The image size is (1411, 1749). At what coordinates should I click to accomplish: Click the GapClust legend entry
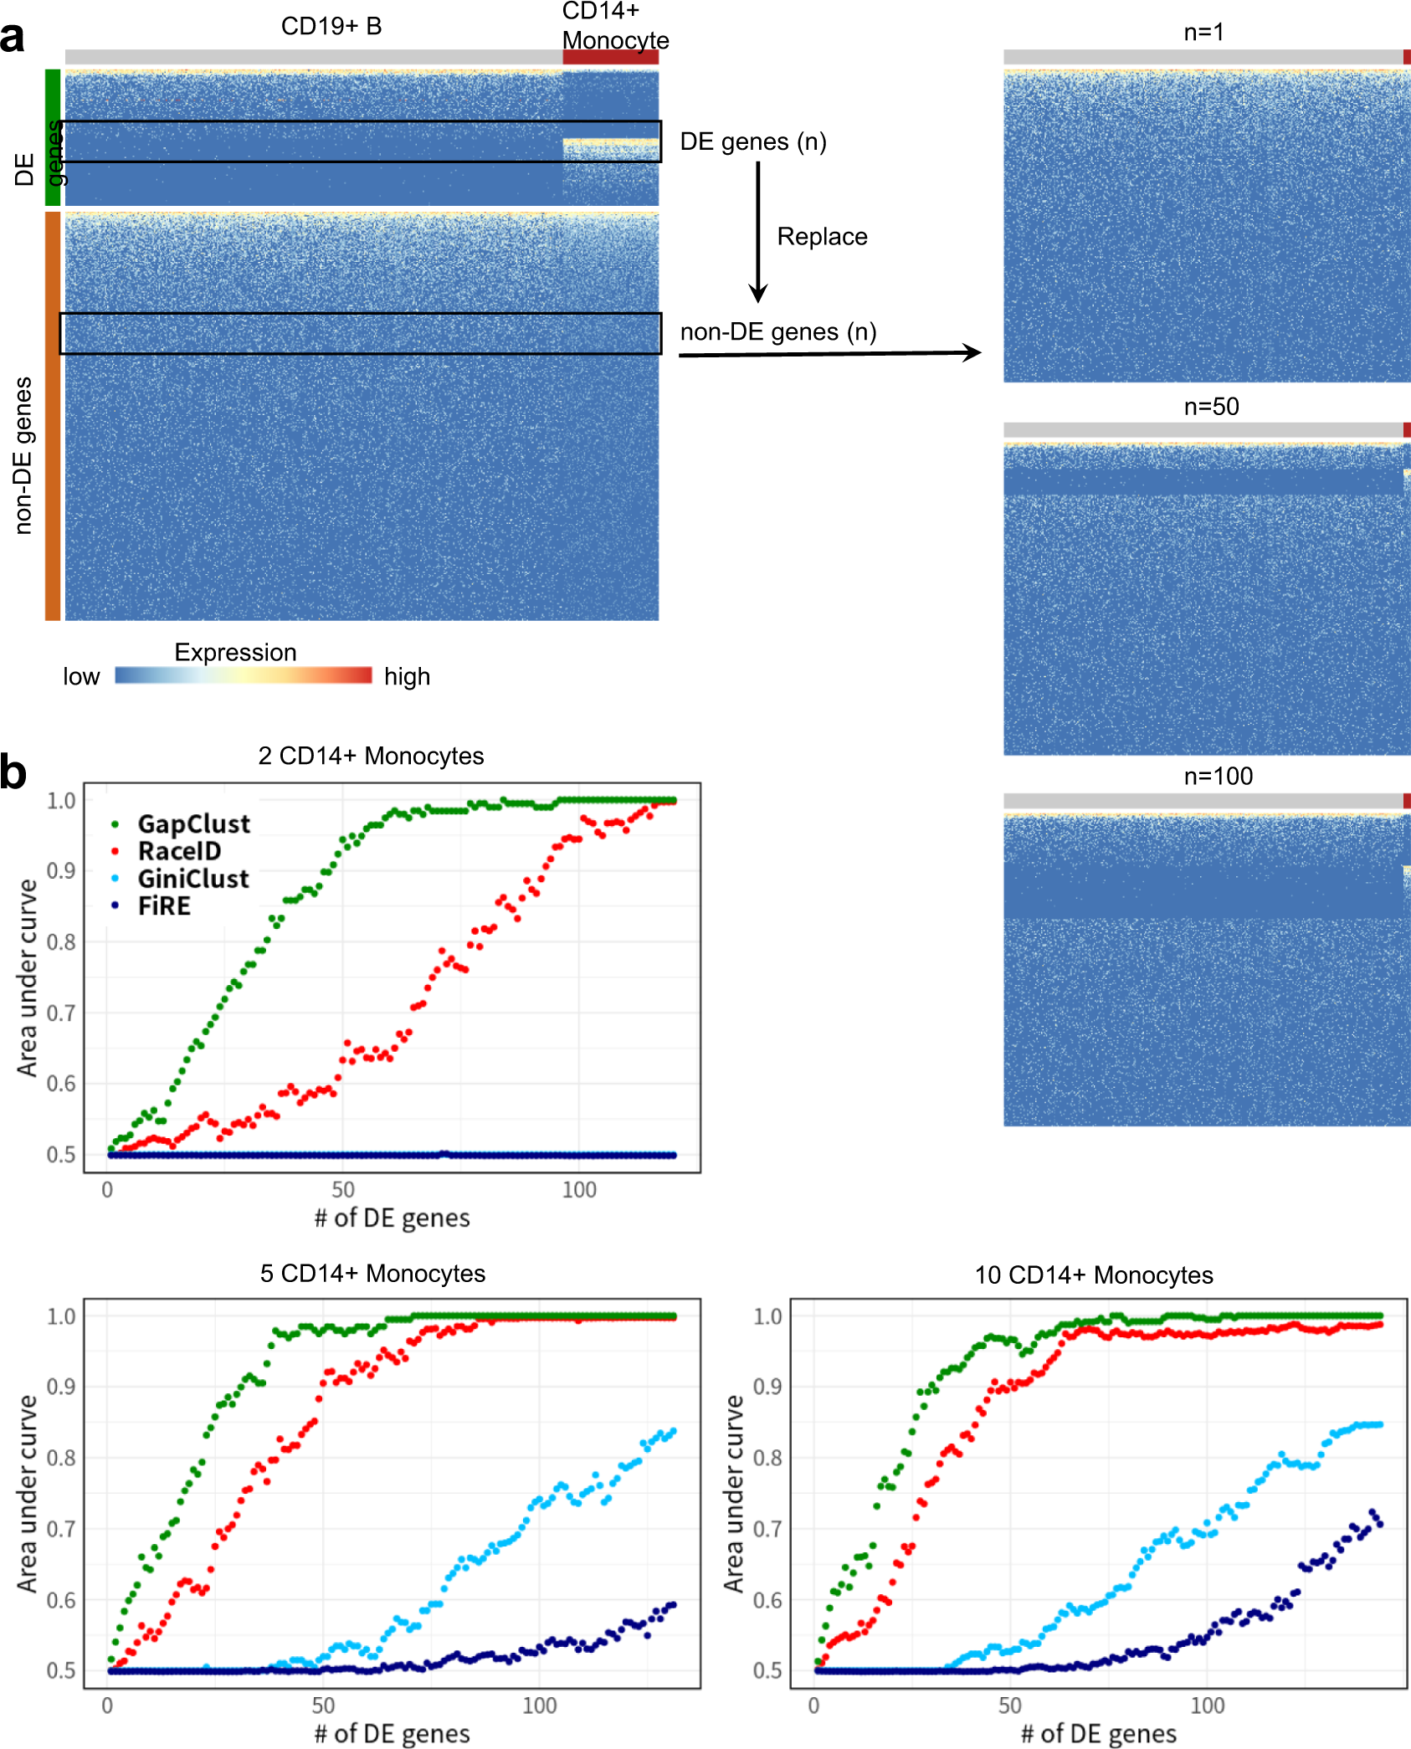[193, 824]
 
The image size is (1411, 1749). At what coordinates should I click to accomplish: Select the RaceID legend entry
[179, 852]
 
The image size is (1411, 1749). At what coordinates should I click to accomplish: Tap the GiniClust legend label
[193, 880]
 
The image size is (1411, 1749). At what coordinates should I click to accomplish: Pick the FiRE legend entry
[164, 906]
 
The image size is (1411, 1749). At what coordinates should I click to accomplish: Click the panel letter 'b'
[13, 772]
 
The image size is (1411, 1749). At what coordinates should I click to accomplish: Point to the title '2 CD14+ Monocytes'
[371, 756]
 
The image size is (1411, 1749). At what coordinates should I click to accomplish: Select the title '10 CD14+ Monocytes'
[1093, 1275]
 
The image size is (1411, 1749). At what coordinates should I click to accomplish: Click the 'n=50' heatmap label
[1210, 407]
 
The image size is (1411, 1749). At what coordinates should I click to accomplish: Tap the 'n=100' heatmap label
[1218, 776]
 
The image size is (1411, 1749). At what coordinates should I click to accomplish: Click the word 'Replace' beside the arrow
[822, 237]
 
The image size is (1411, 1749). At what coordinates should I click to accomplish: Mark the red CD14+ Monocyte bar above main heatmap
[610, 57]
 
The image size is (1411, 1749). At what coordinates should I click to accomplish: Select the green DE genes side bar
[52, 137]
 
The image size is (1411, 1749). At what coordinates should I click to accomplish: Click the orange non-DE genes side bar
[52, 416]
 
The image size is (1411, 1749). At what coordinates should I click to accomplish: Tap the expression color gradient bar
[243, 675]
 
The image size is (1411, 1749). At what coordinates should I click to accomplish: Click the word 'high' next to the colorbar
[407, 676]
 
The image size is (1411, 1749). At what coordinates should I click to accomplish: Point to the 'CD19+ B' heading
[331, 27]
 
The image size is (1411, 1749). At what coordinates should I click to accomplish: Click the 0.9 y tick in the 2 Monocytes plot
[61, 871]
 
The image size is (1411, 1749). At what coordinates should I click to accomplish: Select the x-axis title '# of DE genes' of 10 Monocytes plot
[1098, 1734]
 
